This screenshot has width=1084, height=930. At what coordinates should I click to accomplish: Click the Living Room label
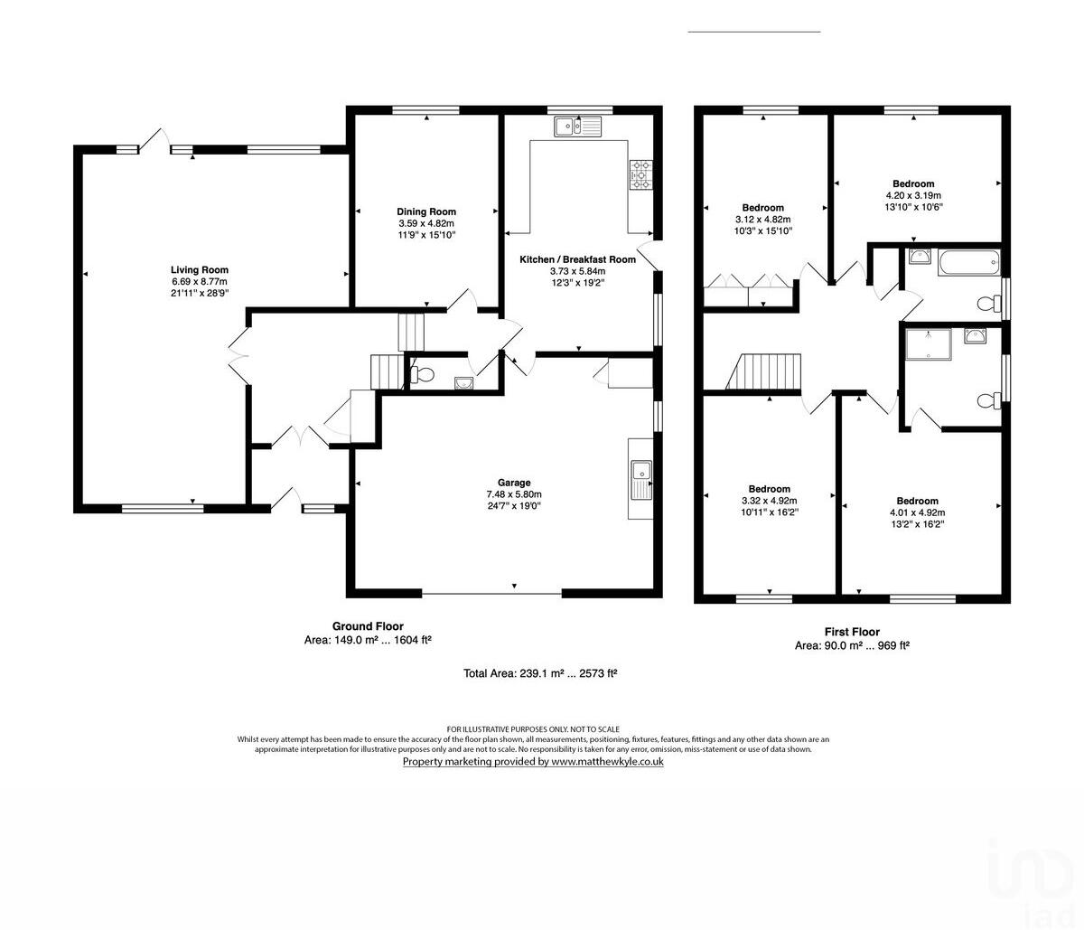click(200, 269)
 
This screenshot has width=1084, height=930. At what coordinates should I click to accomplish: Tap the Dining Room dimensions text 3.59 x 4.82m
click(426, 223)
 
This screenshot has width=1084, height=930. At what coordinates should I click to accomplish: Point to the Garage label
click(514, 483)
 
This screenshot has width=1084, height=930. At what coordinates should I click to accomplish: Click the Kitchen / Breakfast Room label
click(577, 259)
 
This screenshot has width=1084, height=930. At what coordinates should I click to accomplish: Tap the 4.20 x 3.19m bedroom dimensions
click(913, 195)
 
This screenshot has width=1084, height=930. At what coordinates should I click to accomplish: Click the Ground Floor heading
click(368, 626)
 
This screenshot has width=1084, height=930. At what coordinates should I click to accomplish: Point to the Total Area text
click(539, 673)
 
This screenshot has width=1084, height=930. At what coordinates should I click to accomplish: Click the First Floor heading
click(852, 632)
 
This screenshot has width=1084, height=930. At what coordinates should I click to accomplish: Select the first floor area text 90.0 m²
click(831, 645)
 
